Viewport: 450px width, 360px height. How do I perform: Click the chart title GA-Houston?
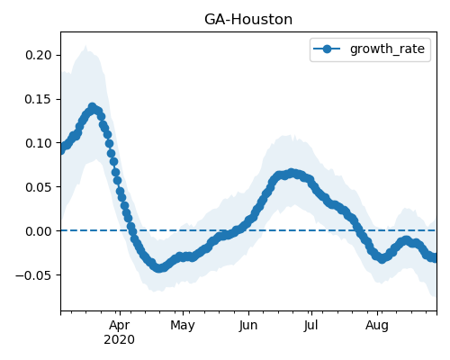[248, 20]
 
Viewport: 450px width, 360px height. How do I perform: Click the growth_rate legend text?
[387, 49]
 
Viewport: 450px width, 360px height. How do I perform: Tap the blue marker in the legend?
[327, 49]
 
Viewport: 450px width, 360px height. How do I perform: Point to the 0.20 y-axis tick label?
[39, 55]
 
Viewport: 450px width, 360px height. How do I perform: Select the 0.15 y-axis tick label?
[39, 99]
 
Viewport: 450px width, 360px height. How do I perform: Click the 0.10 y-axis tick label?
[39, 143]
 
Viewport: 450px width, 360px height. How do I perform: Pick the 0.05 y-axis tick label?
[39, 187]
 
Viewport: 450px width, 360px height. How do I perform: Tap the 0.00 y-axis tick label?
[39, 231]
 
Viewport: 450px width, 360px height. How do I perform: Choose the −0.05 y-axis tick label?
[33, 275]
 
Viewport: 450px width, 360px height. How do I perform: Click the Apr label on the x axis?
[120, 325]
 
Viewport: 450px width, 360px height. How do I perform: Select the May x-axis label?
[183, 325]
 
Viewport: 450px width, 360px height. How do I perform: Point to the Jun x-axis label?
[248, 325]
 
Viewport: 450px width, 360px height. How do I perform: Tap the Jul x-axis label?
[310, 325]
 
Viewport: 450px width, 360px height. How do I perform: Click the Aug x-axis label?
[377, 325]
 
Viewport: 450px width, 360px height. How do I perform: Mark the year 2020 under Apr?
[120, 340]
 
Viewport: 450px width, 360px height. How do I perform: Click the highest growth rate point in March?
[93, 107]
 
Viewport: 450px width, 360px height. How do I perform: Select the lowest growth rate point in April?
[159, 268]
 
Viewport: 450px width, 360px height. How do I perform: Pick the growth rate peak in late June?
[291, 173]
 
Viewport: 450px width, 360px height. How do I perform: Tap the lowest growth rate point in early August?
[382, 258]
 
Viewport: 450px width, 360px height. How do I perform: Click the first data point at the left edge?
[61, 150]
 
